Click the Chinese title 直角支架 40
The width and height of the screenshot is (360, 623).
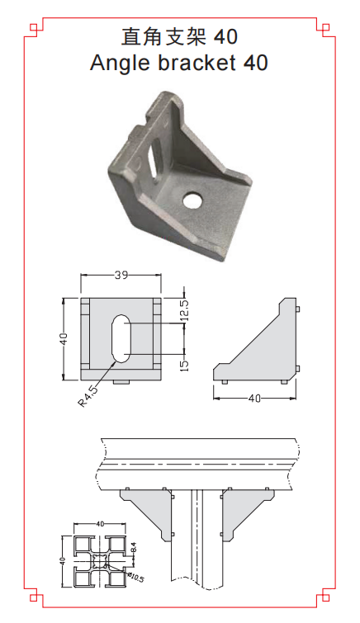[179, 37]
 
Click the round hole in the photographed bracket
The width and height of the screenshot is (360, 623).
[193, 200]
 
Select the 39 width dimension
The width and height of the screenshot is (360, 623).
[121, 275]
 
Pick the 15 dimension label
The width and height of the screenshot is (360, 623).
[185, 366]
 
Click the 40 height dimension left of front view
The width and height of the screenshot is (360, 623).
[64, 338]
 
